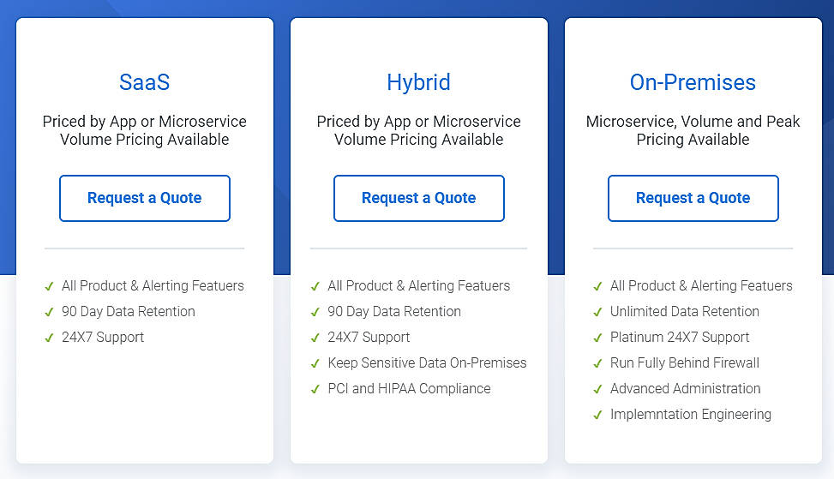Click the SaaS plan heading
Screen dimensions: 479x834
pos(144,82)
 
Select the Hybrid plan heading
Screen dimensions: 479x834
pos(418,82)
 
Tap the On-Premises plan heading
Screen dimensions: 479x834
pos(693,82)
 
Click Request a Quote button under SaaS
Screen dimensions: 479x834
pos(145,198)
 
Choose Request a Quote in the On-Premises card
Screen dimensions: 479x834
pos(693,198)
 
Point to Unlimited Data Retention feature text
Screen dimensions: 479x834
pos(684,311)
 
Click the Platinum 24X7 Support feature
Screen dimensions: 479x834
pos(680,337)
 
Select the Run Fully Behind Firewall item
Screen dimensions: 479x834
pos(684,362)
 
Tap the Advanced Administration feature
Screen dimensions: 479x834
pos(685,388)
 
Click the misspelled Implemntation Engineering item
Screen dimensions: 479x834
pos(690,414)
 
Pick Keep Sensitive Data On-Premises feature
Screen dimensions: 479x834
pos(427,362)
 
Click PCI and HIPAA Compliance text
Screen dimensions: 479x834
pos(409,388)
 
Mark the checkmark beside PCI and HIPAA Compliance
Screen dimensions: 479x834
pos(315,389)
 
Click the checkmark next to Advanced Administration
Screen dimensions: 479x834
pos(597,389)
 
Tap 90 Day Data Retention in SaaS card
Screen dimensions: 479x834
pos(129,311)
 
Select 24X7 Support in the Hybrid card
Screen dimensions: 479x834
pos(369,337)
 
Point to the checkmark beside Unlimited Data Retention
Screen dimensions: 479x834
pos(597,312)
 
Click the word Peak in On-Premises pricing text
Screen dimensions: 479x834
pos(782,122)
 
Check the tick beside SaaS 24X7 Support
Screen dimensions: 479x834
pos(49,338)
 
